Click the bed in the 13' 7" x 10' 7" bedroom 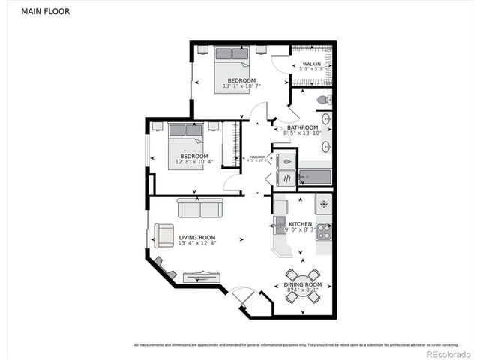[231, 68]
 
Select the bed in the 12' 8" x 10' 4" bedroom [186, 145]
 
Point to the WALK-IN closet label [312, 67]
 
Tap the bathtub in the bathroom [314, 178]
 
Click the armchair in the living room [163, 235]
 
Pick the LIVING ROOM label [197, 238]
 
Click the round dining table [303, 285]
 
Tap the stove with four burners [323, 232]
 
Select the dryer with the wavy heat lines [286, 178]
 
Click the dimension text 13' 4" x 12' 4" [197, 244]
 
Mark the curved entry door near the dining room [244, 298]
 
